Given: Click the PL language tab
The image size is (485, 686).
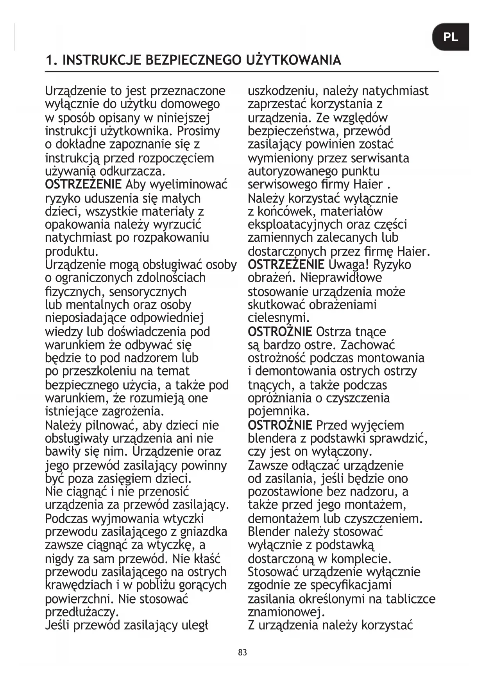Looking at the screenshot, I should (x=451, y=37).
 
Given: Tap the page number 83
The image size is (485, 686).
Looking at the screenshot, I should (x=242, y=652).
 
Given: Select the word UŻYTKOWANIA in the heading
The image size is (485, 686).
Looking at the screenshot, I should (x=294, y=60).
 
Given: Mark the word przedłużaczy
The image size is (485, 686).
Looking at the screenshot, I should (x=82, y=611).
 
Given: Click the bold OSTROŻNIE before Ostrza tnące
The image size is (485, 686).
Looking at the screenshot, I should (x=280, y=332).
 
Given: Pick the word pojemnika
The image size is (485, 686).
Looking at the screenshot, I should (x=279, y=411).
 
